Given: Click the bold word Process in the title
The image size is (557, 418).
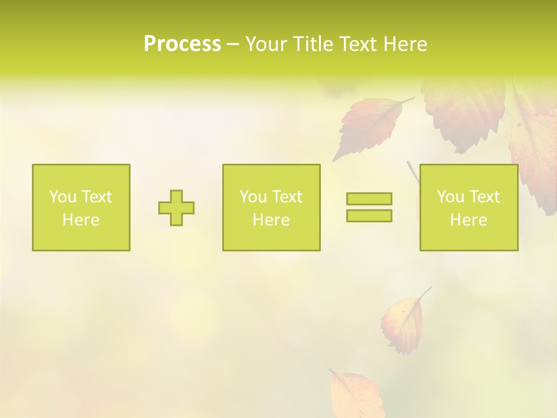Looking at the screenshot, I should coord(182,44).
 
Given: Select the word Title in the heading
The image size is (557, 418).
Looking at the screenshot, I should coord(312,44).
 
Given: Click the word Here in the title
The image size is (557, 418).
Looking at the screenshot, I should coord(404,44).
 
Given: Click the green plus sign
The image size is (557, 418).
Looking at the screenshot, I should coord(176,208).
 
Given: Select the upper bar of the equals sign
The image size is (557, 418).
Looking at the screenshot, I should coord(369,199).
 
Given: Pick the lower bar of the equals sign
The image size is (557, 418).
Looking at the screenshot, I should coord(369,215).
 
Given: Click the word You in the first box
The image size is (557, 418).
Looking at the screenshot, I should coord(63,197).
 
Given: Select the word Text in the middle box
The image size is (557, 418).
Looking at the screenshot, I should coord(286,197).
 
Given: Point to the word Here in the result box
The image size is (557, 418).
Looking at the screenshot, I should coord(469,220).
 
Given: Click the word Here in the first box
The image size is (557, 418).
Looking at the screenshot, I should coord(81,220).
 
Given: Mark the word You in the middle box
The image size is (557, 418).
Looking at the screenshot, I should coord(253,197).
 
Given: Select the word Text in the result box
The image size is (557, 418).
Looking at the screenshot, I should coord(484,197).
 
